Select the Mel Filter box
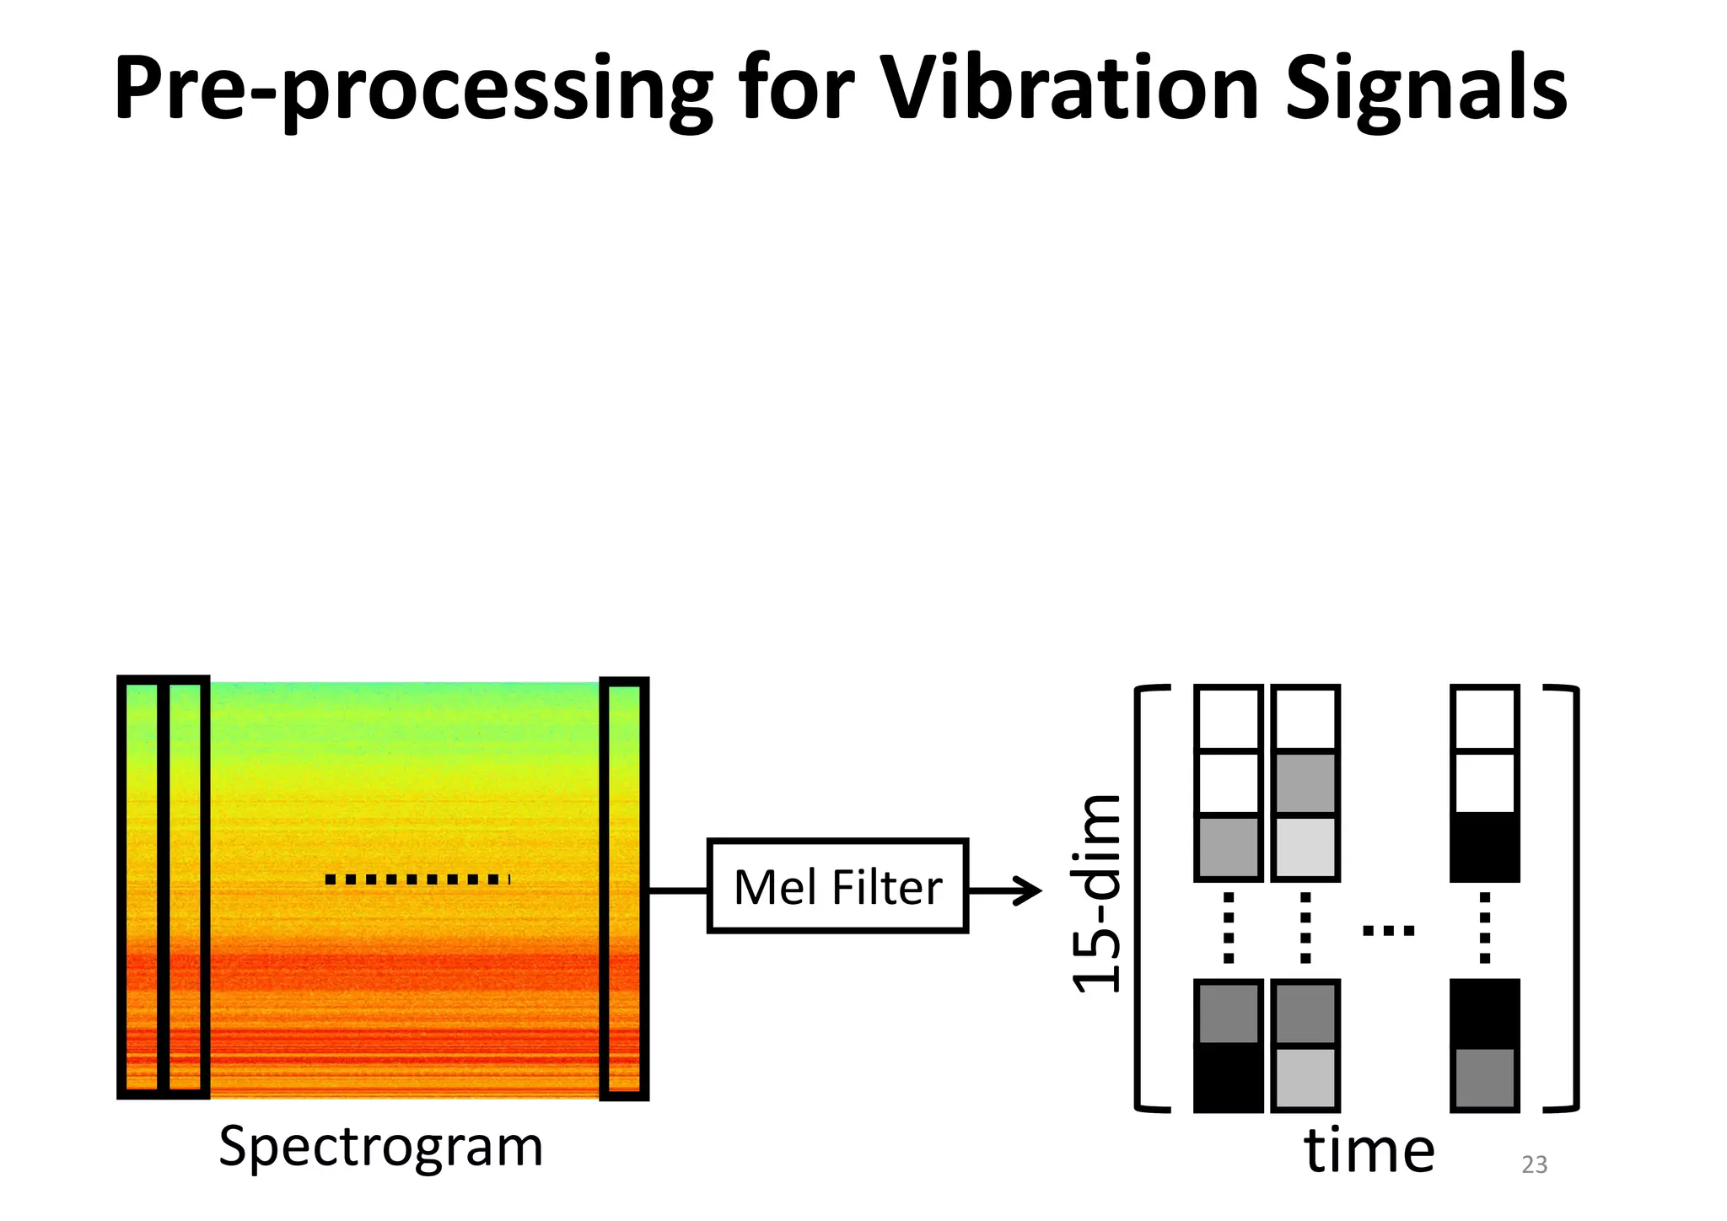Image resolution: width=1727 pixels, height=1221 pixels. coord(837,886)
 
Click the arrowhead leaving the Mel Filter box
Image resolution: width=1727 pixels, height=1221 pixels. coord(1030,890)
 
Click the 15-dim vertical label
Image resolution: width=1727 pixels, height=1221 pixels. coord(1096,895)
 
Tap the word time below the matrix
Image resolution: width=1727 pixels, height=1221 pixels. coord(1369,1151)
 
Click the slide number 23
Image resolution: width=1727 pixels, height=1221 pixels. coord(1534,1165)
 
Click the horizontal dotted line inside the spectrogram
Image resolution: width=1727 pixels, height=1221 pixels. coord(417,879)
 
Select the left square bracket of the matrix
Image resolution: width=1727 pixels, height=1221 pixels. coord(1145,898)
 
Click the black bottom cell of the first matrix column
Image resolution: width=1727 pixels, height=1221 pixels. coord(1228,1078)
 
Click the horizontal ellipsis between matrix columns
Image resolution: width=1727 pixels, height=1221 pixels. coord(1388,931)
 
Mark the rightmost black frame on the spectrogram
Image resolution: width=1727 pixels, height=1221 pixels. coord(624,888)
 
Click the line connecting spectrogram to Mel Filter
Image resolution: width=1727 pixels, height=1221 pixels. coord(678,890)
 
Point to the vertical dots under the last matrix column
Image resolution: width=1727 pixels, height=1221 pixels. coord(1485,928)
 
